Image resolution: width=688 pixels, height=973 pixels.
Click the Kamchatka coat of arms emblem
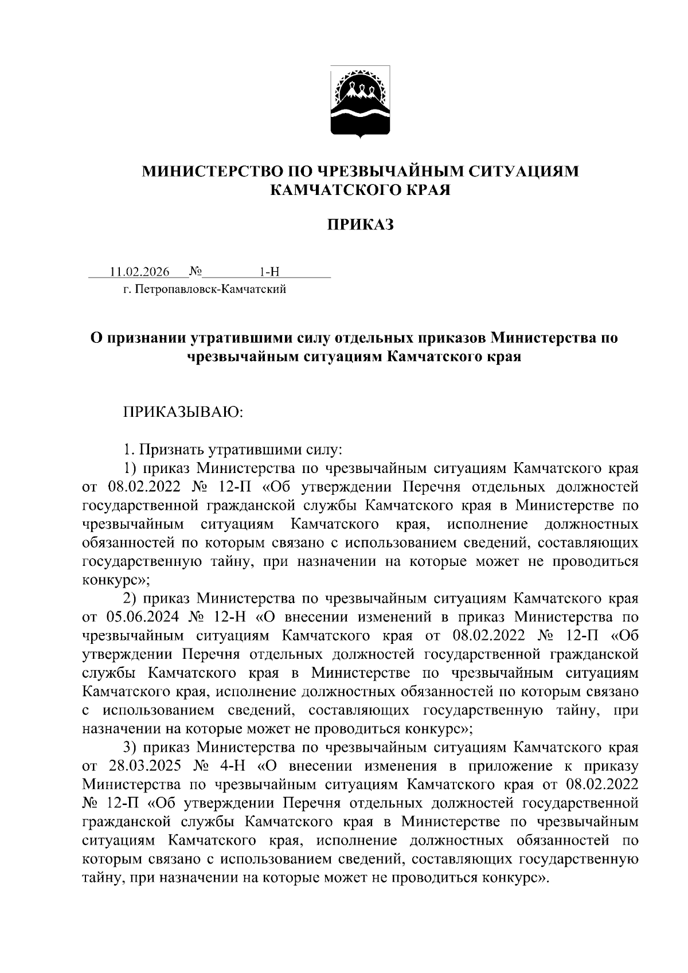point(360,102)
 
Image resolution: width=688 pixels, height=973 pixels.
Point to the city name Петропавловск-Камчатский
point(209,289)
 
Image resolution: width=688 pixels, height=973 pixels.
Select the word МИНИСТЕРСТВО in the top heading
point(213,171)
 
